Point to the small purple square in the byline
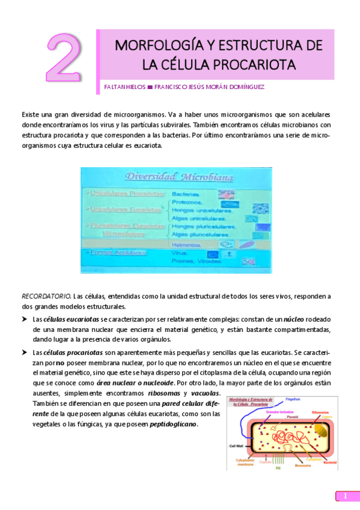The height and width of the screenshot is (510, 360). pos(150,87)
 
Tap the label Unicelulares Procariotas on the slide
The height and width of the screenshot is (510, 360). pos(125,194)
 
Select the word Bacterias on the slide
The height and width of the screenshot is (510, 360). pos(186,194)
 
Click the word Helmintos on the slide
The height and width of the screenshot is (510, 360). pos(187,245)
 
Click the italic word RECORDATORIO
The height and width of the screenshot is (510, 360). pos(45,296)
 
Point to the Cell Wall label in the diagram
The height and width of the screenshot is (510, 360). pos(237,446)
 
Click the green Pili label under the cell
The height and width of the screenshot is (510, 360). pos(278,467)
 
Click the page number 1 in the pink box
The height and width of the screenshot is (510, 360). pos(346,496)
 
